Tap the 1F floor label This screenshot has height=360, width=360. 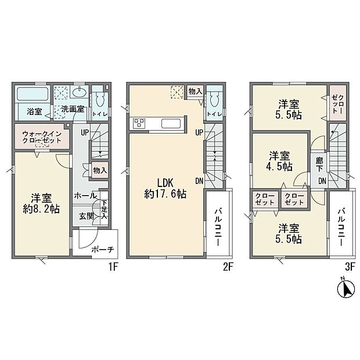point(114,268)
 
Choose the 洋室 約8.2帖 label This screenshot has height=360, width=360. point(40,203)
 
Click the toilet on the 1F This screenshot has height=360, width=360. point(100,98)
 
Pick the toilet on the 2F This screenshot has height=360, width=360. point(214,99)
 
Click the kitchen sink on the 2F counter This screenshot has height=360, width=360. point(171,123)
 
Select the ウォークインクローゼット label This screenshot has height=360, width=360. point(41,138)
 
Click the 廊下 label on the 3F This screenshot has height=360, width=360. point(319,163)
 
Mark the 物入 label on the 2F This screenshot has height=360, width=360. point(196,91)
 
